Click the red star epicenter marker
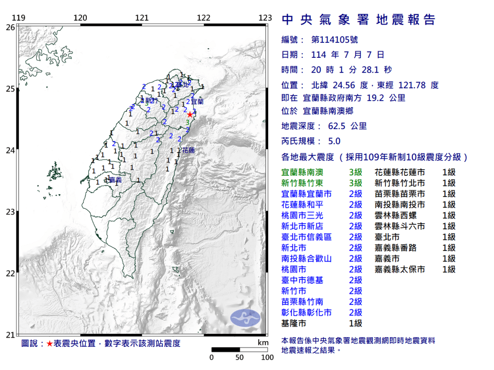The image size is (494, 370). [x=190, y=114]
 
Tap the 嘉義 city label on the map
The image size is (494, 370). [x=115, y=180]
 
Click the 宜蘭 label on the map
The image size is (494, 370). [x=197, y=102]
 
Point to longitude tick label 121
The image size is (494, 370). [x=142, y=18]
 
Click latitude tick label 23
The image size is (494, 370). [x=10, y=211]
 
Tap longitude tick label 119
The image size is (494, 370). [x=18, y=18]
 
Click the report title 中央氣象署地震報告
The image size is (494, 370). [x=358, y=20]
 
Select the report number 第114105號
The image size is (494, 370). [x=335, y=40]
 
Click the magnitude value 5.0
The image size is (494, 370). [x=334, y=141]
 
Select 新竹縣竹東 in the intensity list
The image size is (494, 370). [x=302, y=183]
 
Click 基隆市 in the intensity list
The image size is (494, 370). [x=293, y=323]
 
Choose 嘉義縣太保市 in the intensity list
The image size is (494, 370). [x=400, y=269]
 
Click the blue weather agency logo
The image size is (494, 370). [x=245, y=317]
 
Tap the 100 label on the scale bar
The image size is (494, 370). [x=267, y=357]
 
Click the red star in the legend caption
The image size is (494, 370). [x=50, y=344]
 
